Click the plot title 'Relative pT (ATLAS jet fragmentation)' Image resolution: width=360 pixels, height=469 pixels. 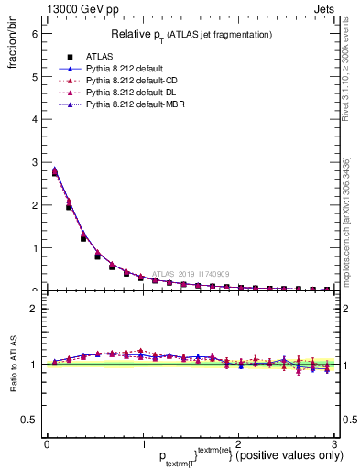(x=191, y=35)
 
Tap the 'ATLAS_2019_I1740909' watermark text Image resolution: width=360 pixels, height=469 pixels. (x=192, y=273)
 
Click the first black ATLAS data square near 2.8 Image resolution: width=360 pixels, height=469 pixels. (x=55, y=172)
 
